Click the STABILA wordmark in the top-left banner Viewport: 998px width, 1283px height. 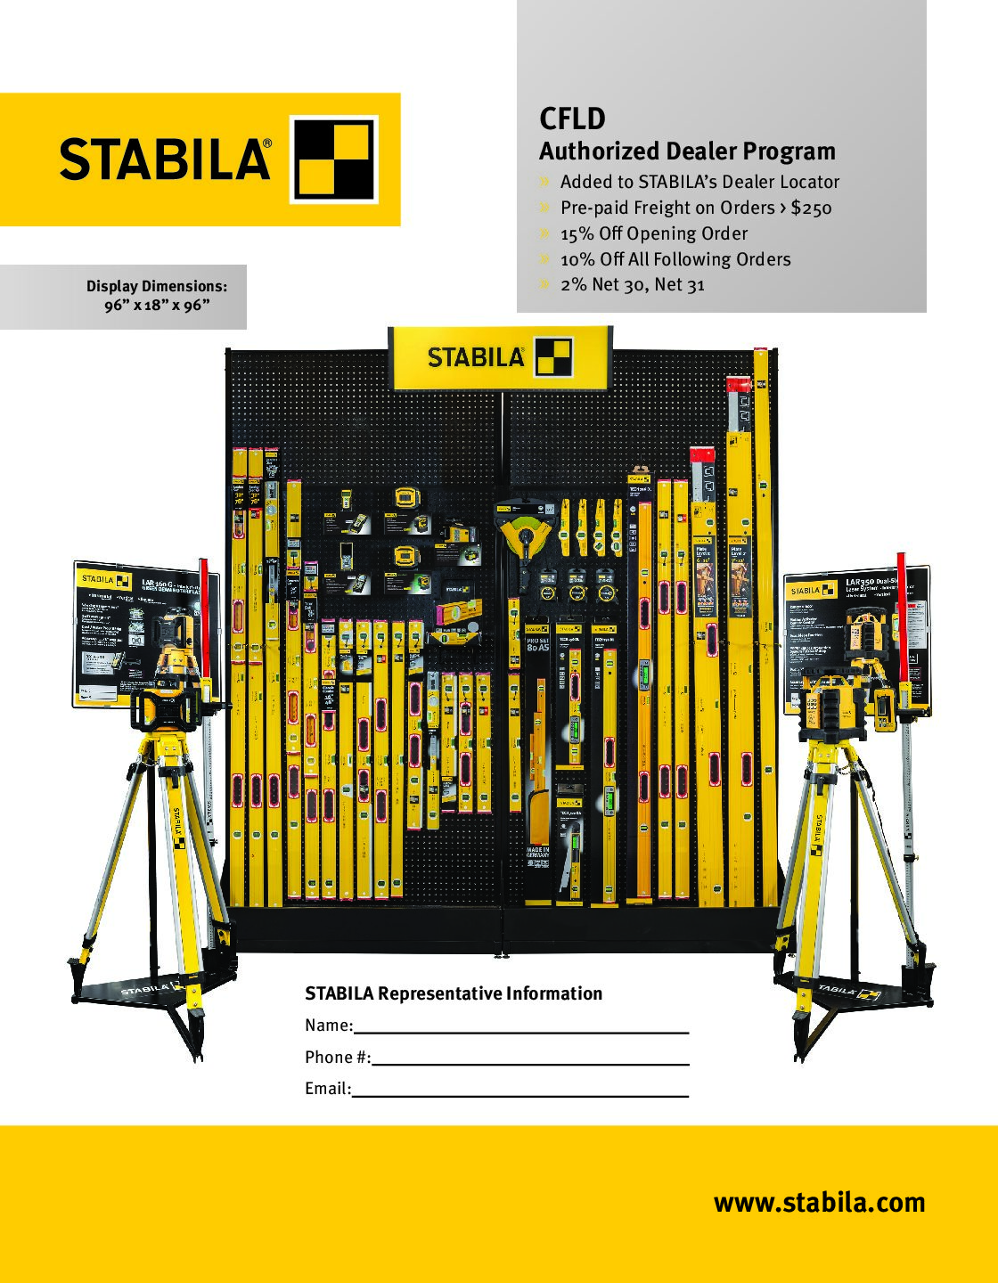coord(165,159)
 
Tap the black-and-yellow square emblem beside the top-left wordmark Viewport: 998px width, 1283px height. coord(336,159)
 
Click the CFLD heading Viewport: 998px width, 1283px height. coord(572,118)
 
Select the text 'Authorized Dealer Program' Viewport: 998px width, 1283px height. coord(687,151)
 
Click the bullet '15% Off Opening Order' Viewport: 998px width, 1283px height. coord(653,233)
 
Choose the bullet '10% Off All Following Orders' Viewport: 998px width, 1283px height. coord(675,259)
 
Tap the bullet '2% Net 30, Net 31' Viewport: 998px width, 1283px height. coord(632,284)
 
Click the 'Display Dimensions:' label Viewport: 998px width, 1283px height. coord(157,286)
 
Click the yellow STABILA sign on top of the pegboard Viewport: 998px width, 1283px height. coord(499,357)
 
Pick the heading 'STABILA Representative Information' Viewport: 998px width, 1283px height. coord(454,993)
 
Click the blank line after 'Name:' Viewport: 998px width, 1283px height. coord(521,1031)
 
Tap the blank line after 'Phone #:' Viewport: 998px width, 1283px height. coord(530,1063)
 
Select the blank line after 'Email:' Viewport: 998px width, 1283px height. coord(520,1094)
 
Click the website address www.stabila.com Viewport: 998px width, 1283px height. coord(819,1203)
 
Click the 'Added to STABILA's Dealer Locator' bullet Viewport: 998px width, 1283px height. coord(699,182)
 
